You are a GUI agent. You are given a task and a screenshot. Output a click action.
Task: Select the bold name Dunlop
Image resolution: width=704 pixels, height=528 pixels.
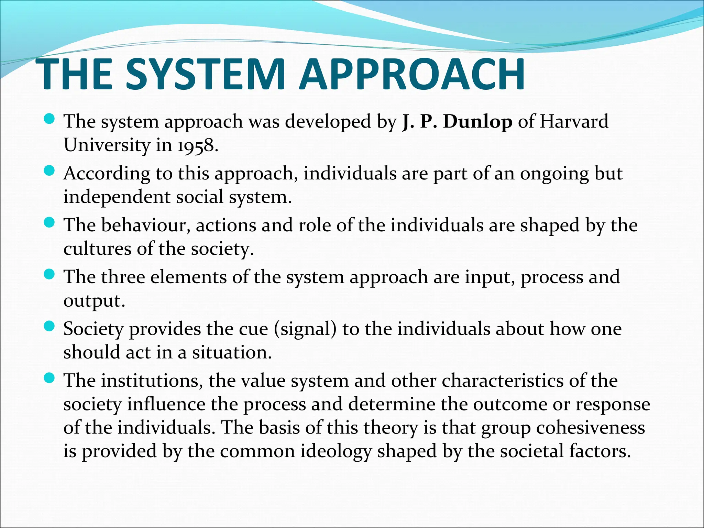point(477,122)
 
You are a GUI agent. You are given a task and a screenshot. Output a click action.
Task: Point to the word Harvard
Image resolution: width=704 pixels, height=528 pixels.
point(574,122)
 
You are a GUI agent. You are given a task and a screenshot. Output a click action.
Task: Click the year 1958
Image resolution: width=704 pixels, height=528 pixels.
point(197,145)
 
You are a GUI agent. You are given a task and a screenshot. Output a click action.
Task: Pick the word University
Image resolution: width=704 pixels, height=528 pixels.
point(107,145)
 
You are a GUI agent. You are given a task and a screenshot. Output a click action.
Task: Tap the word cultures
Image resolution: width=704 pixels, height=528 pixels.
point(97,249)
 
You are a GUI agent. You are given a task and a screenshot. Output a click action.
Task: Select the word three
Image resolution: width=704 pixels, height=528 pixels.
point(123,277)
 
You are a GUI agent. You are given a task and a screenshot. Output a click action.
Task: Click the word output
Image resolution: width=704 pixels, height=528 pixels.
point(94,301)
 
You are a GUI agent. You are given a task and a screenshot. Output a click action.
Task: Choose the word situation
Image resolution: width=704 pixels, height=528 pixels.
point(232,352)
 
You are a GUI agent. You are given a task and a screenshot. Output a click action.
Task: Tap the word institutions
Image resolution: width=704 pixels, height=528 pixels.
point(152,381)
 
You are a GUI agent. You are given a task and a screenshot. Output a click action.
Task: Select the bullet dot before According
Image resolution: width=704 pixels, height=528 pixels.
point(50,171)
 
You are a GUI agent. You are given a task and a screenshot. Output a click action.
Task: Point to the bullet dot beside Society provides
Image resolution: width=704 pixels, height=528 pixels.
point(50,326)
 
